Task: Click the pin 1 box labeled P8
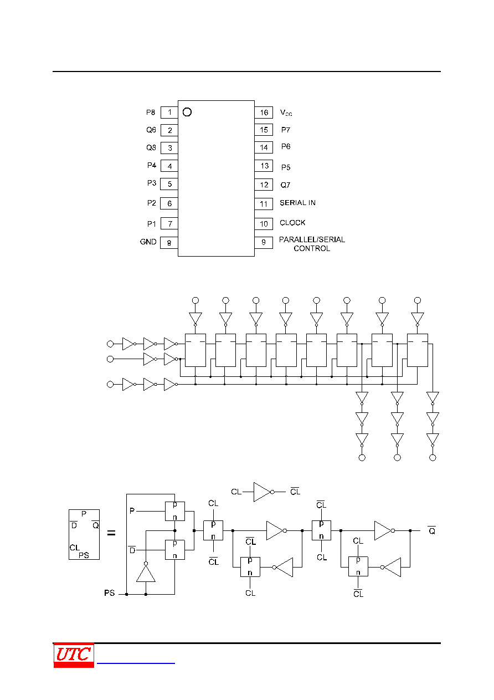click(169, 113)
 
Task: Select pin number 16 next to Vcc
click(264, 113)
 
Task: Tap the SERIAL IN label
click(297, 203)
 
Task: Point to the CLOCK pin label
click(292, 223)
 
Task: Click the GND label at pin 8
click(148, 242)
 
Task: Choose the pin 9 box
click(264, 243)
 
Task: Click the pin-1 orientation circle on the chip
click(187, 112)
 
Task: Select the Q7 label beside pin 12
click(285, 185)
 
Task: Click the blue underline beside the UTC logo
click(136, 663)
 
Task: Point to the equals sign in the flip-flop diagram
click(111, 533)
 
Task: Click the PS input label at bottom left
click(109, 593)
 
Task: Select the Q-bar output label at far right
click(432, 530)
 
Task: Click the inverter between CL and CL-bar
click(264, 492)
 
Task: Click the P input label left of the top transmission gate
click(132, 510)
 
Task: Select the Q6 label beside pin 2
click(151, 130)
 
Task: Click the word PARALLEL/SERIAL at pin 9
click(312, 239)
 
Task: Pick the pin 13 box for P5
click(264, 166)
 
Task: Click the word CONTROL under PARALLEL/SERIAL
click(312, 249)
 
